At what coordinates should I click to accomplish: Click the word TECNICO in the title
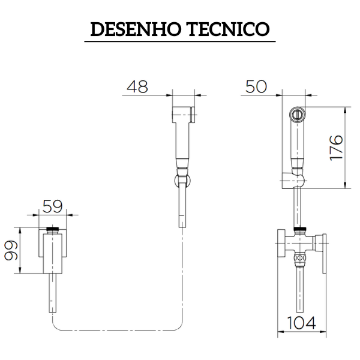(227, 29)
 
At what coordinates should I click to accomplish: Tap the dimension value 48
(139, 86)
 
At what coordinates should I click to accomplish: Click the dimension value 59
(53, 208)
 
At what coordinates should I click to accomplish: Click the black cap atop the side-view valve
(55, 230)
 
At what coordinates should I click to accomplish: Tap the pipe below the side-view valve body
(54, 294)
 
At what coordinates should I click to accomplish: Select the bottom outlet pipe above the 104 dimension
(298, 288)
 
